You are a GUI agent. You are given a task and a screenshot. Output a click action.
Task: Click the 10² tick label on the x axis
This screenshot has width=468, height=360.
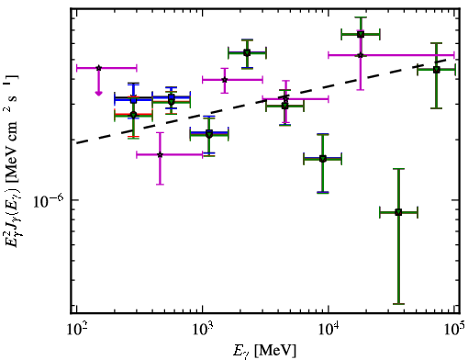[x=76, y=330]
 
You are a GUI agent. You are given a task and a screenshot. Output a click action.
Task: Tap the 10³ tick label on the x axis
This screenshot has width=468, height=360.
[x=203, y=330]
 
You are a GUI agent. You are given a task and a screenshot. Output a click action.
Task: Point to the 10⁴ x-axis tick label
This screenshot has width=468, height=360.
[x=329, y=330]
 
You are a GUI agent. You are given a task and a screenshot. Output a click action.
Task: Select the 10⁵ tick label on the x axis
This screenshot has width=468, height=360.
[x=454, y=330]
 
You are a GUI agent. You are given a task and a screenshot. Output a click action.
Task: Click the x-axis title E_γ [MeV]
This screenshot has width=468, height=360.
[x=264, y=351]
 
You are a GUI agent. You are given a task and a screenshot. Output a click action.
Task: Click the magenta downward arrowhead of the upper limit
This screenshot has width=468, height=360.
[x=98, y=93]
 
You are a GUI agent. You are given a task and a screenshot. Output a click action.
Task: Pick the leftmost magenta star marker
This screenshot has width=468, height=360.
[x=98, y=68]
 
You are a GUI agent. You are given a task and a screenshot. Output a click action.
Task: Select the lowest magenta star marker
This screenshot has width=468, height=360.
[x=160, y=154]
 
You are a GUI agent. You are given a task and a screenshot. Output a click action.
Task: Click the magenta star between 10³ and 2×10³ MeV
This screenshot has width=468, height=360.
[x=225, y=80]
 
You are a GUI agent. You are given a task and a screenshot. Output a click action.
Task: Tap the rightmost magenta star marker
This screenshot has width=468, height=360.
[x=361, y=55]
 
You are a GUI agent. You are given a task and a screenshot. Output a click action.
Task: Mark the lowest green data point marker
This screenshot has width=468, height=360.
[x=398, y=212]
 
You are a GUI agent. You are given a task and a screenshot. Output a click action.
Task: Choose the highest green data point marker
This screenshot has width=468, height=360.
[x=361, y=34]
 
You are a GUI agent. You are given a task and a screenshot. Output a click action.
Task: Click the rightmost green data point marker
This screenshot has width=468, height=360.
[x=437, y=70]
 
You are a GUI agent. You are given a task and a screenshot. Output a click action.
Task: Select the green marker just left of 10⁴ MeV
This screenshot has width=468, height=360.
[x=323, y=159]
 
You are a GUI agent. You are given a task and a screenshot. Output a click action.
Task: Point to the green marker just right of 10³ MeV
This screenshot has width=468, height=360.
[x=209, y=134]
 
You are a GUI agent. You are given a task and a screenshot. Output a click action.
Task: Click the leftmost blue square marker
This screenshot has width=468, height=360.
[x=133, y=100]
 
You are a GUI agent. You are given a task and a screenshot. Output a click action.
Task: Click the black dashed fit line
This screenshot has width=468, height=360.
[x=262, y=101]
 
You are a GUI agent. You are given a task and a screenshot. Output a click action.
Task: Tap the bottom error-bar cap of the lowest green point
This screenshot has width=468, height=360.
[x=398, y=304]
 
